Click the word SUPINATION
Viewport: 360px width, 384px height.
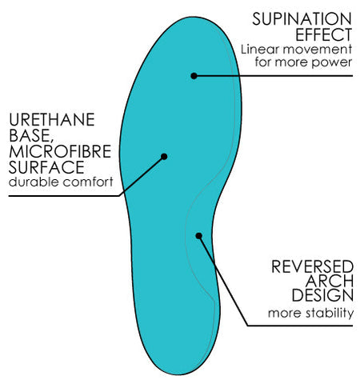[302, 19]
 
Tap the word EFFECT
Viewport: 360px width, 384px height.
[324, 34]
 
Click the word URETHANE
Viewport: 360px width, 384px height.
[52, 119]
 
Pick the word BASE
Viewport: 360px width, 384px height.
[30, 135]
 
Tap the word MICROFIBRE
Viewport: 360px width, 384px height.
[60, 151]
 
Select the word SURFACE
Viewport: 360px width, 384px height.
[46, 167]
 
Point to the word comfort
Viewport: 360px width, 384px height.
[88, 182]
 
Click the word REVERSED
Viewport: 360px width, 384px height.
[313, 266]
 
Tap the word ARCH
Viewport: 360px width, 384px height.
[330, 281]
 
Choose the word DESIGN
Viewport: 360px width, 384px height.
[322, 295]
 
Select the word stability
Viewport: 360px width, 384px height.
[330, 313]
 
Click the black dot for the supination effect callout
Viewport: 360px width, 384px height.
[194, 76]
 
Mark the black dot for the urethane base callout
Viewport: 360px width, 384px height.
[164, 157]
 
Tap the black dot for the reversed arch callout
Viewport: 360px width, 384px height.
[198, 236]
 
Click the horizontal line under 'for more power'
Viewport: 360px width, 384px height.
[274, 76]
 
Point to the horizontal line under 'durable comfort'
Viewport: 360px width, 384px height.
[64, 196]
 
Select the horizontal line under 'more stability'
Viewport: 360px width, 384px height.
[300, 326]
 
